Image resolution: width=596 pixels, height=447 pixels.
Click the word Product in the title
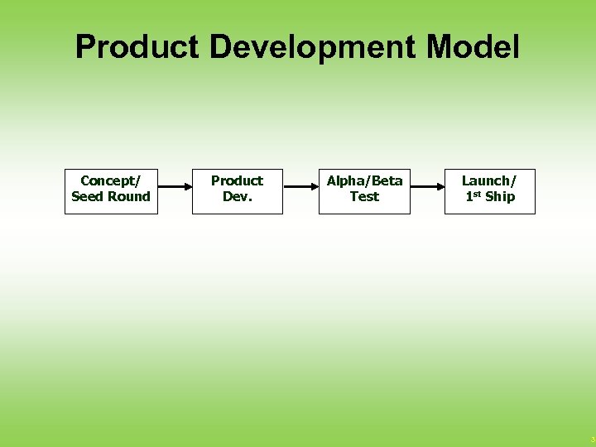[x=137, y=47]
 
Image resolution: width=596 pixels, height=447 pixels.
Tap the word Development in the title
[x=312, y=47]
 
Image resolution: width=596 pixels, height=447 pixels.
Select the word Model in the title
[x=473, y=47]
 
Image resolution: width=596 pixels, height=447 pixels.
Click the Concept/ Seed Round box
[x=111, y=191]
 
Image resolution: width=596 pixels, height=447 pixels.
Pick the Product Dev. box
[x=238, y=191]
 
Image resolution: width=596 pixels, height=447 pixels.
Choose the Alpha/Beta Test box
[x=364, y=191]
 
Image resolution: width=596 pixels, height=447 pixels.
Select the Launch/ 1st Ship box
[x=490, y=191]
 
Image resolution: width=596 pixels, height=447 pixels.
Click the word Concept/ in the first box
[x=111, y=180]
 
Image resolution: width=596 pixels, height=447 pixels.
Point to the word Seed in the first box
[x=87, y=197]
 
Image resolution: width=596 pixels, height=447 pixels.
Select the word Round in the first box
[x=128, y=197]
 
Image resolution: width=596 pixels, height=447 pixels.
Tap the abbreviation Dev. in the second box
[x=238, y=197]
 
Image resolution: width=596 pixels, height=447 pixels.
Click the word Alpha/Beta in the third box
[x=364, y=180]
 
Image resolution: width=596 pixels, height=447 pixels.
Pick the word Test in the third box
[x=364, y=197]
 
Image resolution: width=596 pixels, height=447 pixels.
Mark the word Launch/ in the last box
[x=488, y=180]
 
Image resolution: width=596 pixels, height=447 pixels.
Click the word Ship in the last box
[x=500, y=197]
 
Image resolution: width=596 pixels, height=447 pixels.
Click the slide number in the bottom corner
[x=591, y=439]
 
